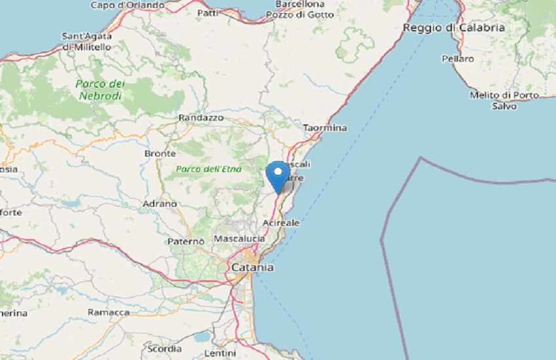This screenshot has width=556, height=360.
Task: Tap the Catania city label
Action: point(252,268)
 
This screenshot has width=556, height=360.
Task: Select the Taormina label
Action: point(325,128)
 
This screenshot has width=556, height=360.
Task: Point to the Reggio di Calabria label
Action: point(454,27)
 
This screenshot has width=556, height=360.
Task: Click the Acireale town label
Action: point(281,223)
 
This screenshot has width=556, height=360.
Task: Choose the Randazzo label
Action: point(201,118)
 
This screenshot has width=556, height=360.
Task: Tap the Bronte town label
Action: point(160,153)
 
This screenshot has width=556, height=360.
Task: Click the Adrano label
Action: point(160,204)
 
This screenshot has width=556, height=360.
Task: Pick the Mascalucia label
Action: point(239,238)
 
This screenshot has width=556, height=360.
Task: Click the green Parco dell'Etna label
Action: point(209,169)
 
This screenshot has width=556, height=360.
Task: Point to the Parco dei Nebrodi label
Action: point(99,90)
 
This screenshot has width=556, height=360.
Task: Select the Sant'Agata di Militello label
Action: point(86,41)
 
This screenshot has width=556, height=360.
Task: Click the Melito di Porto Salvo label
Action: point(504,100)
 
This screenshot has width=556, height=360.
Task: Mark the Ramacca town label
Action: point(109,312)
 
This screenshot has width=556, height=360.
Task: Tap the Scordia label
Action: point(164,348)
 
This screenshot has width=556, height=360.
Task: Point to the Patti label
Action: point(207,12)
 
